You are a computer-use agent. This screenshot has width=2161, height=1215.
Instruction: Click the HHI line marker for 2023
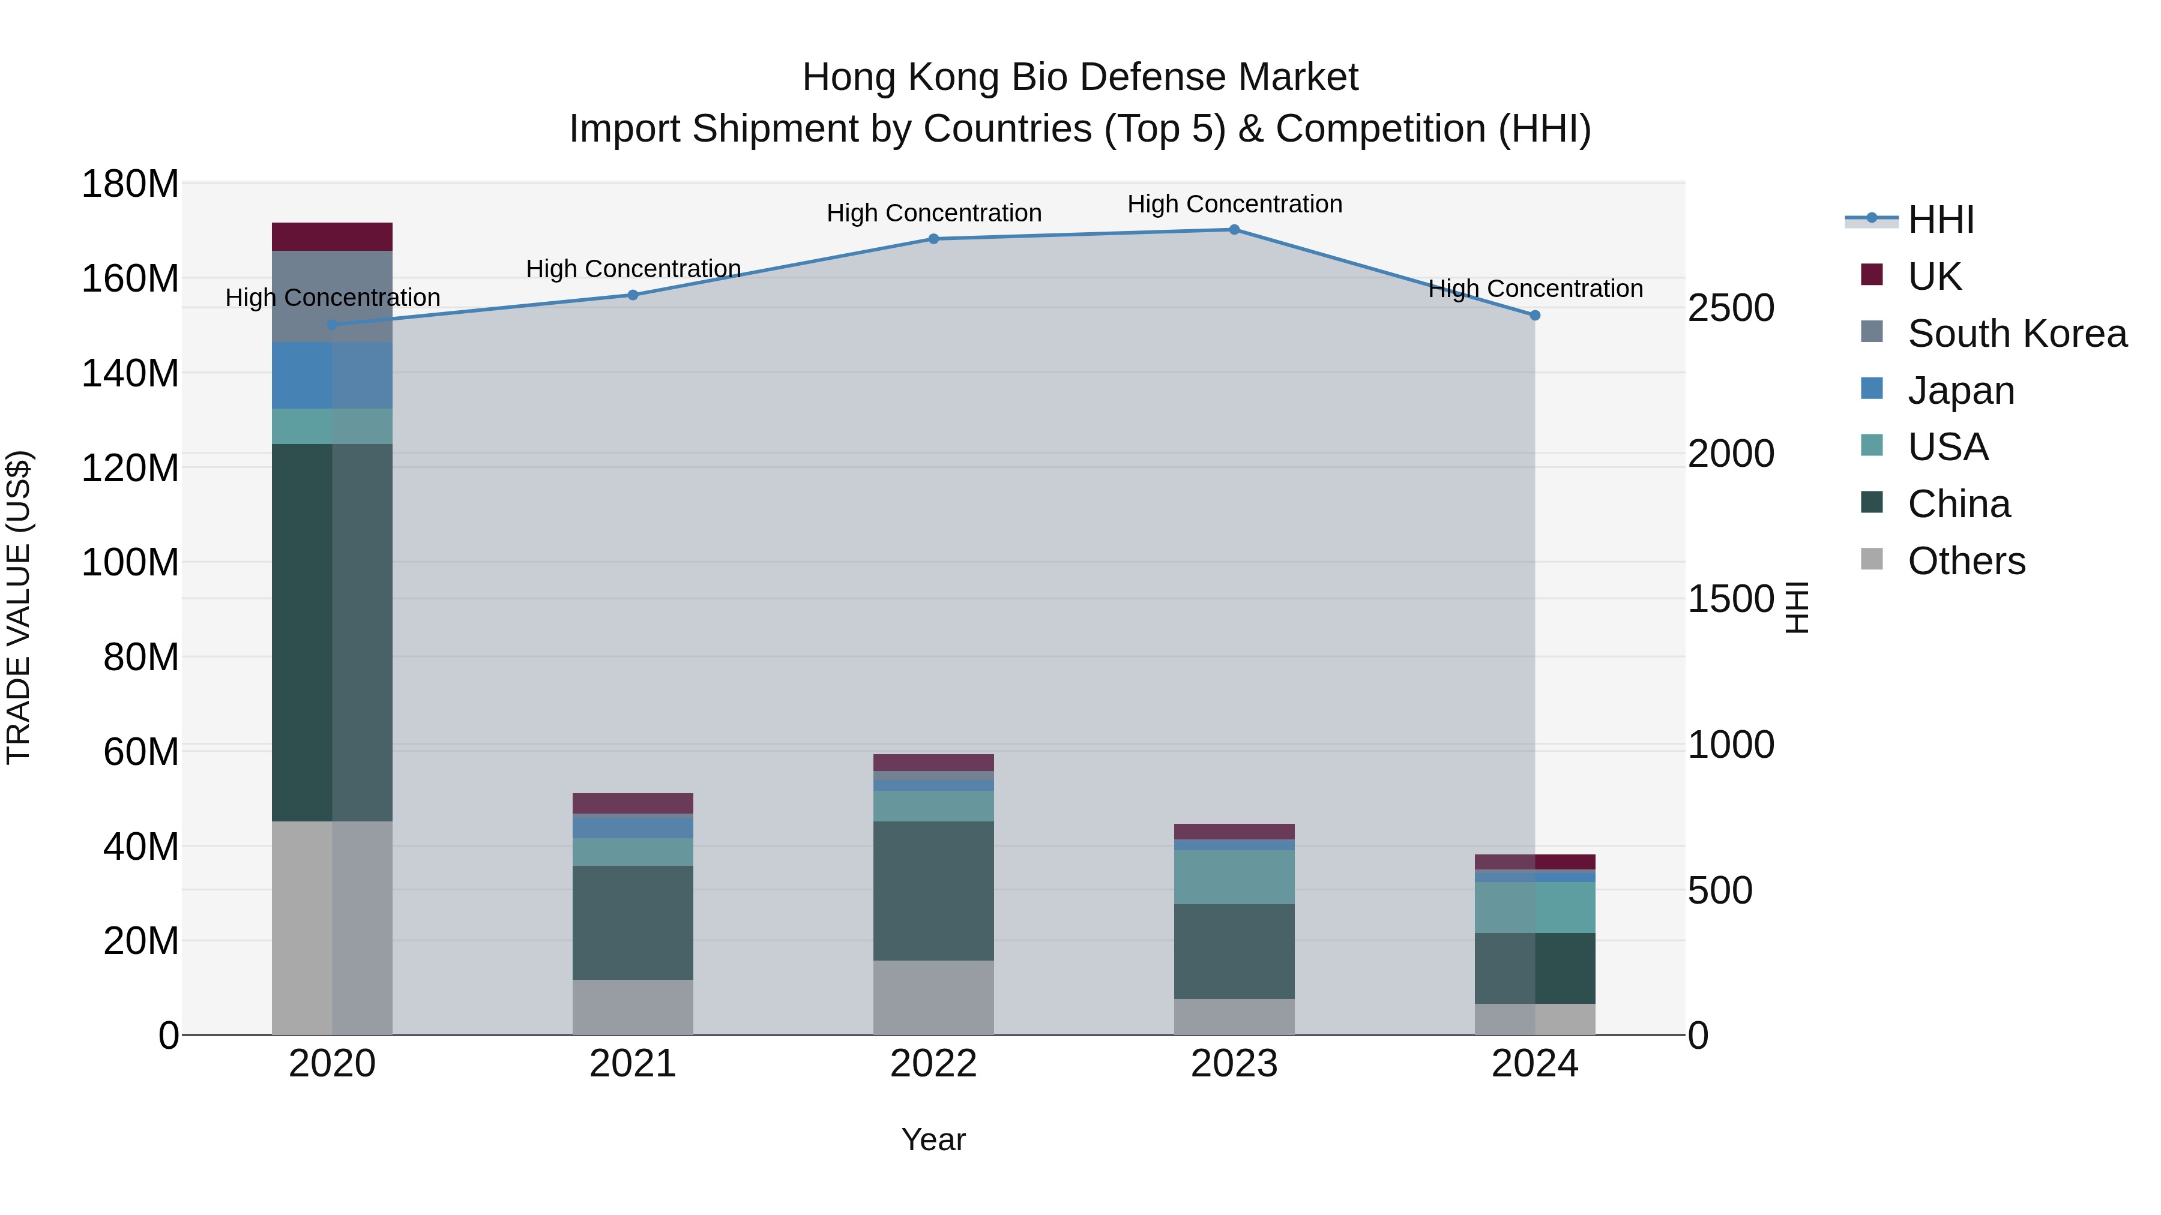[x=1234, y=230]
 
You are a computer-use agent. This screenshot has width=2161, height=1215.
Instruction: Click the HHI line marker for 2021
[x=633, y=295]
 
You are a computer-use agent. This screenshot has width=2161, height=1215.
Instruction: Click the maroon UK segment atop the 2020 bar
[x=331, y=237]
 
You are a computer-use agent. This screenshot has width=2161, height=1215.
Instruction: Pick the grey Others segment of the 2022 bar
[x=933, y=998]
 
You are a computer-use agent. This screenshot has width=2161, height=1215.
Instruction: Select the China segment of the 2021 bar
[x=633, y=922]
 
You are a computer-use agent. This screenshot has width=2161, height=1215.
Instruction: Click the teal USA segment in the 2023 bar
[x=1234, y=877]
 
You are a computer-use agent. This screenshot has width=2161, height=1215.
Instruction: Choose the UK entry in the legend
[x=1933, y=277]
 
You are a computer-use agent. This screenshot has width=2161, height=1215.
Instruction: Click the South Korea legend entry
[x=2017, y=334]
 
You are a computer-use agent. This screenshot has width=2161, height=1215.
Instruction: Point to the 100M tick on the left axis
[x=130, y=563]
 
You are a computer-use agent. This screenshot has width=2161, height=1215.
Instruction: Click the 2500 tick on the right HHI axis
[x=1730, y=308]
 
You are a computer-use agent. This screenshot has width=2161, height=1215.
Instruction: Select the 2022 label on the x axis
[x=933, y=1064]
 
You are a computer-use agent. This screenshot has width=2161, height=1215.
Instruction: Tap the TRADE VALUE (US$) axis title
[x=19, y=607]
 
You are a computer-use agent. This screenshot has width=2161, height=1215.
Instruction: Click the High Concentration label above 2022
[x=933, y=213]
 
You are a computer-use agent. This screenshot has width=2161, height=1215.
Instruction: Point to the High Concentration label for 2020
[x=332, y=298]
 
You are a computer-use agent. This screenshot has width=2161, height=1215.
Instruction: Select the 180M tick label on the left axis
[x=130, y=184]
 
